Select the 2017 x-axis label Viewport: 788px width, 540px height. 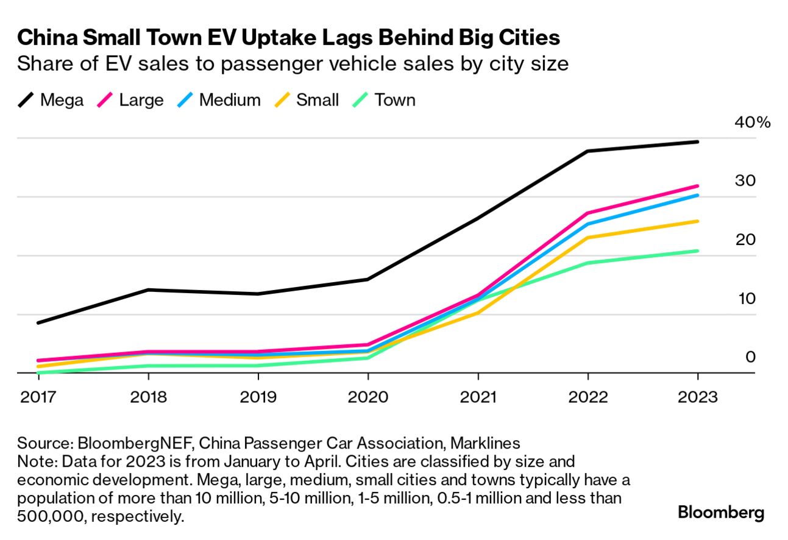coord(38,397)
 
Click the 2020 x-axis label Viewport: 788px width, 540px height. coord(367,397)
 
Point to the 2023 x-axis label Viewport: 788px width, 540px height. coord(697,397)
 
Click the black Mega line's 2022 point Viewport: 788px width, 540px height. coord(587,151)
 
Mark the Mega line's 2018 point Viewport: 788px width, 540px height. coord(148,290)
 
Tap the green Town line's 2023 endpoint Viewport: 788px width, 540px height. coord(697,250)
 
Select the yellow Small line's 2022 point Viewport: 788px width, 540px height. coord(587,237)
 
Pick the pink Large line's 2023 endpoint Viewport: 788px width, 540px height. coord(697,186)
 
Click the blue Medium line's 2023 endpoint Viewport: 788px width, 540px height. coord(697,195)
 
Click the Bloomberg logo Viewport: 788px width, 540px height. coord(720,513)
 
